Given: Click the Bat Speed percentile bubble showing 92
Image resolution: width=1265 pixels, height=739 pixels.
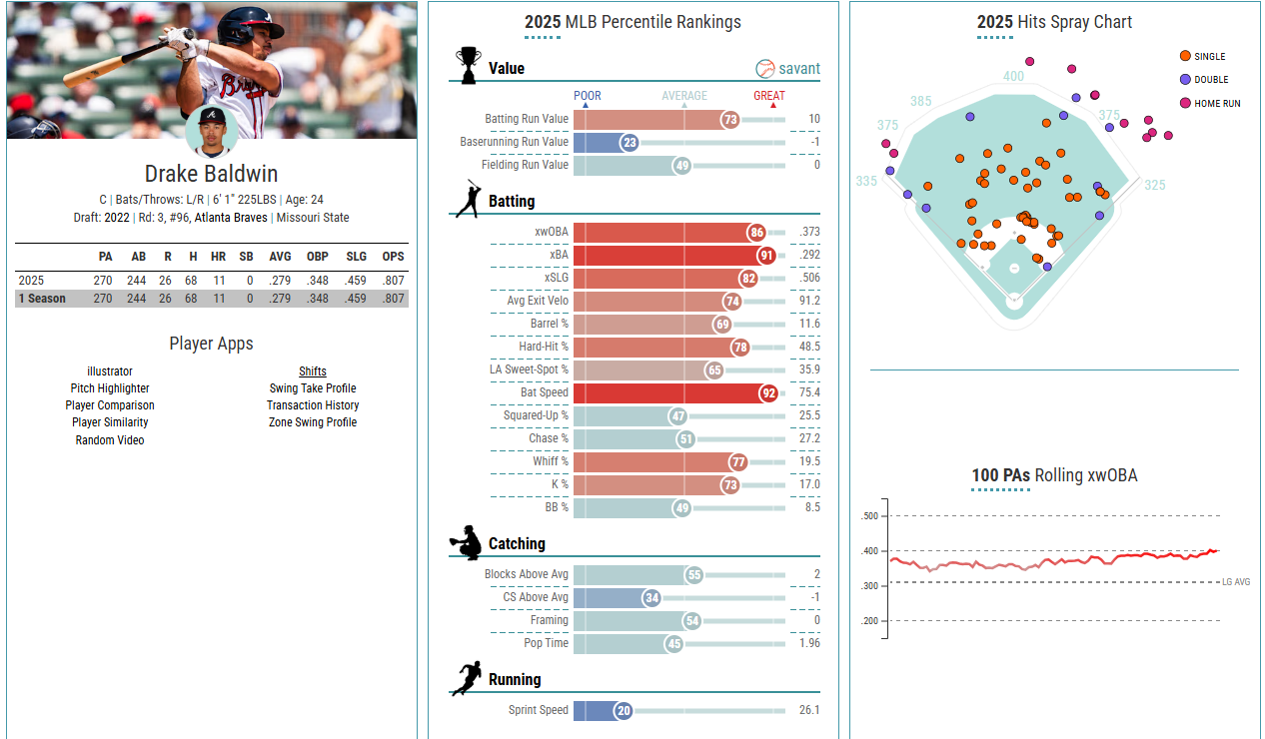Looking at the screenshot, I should point(768,392).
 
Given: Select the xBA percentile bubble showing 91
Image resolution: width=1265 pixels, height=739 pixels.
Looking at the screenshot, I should point(766,255).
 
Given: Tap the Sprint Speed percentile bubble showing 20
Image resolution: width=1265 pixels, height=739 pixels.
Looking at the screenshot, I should point(624,710).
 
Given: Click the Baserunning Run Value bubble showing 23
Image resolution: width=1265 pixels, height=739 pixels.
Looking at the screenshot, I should point(629,142).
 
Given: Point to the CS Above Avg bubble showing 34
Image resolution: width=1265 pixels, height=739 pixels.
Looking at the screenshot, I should point(652,597).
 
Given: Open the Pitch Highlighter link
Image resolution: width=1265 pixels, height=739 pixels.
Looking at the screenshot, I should point(110,388).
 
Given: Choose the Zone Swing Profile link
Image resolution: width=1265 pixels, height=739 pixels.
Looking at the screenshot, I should point(313,422).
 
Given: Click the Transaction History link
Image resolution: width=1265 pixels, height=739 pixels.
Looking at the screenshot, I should point(313,405).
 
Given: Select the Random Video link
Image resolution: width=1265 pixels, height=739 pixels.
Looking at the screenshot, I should point(110,440).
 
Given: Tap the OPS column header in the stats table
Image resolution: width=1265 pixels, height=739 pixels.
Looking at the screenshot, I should point(393,257).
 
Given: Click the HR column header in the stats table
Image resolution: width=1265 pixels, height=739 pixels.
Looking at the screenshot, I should point(219,257).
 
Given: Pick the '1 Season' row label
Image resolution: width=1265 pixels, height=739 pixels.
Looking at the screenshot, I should point(42,299).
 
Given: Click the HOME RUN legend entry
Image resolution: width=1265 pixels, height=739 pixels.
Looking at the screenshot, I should point(1217,103).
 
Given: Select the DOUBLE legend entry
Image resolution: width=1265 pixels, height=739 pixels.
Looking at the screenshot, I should point(1211,80).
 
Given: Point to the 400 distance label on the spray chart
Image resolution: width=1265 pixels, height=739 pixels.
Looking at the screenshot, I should point(1013,76).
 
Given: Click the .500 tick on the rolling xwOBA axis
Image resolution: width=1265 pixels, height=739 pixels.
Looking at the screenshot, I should point(869,516).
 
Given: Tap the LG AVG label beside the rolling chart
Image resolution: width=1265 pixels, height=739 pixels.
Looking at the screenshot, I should point(1236,582).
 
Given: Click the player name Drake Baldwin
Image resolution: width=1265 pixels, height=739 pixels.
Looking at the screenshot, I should point(212,174).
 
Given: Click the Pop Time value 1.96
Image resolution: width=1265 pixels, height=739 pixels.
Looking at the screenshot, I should point(809,643).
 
